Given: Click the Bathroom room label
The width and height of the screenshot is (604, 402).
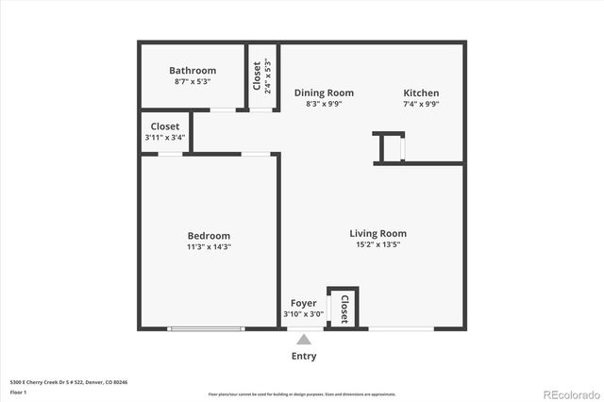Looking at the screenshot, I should coord(193,71).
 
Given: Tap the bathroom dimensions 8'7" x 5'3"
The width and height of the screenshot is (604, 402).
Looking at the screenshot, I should coord(193,82).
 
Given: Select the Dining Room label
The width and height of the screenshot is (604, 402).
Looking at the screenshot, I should coord(324,92).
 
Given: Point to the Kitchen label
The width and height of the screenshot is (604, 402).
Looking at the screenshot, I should coord(421,92).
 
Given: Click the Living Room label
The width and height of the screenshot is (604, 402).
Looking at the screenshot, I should coord(377,233).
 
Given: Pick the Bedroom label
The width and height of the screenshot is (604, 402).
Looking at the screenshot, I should coord(209,236).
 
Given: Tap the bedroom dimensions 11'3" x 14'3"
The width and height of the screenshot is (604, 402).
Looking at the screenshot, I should coord(209,247).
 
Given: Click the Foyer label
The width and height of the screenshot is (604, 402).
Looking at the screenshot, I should coord(303,303).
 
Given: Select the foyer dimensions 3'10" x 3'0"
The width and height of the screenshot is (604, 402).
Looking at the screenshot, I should coord(303,314).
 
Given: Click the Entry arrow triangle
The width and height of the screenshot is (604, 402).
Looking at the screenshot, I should coord(303,340).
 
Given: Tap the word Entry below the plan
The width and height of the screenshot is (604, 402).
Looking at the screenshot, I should coord(304,357).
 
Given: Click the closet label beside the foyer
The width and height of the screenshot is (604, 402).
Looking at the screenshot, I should coord(344,308).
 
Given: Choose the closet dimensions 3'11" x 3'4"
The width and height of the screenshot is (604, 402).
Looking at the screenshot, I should coord(165,138).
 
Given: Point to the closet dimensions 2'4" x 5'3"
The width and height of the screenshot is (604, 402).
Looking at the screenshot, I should coord(268,76).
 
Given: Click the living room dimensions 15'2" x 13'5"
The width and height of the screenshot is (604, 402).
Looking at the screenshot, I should coord(377,244).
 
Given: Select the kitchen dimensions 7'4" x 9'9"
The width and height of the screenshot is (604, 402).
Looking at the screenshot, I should coord(421,104).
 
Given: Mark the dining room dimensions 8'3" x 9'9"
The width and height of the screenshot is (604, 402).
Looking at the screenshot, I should coord(324,104).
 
